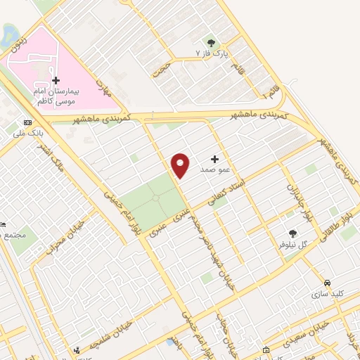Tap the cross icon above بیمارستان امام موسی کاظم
[x=56, y=81]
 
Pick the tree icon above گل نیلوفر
[x=293, y=233]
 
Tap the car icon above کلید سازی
[x=326, y=280]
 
